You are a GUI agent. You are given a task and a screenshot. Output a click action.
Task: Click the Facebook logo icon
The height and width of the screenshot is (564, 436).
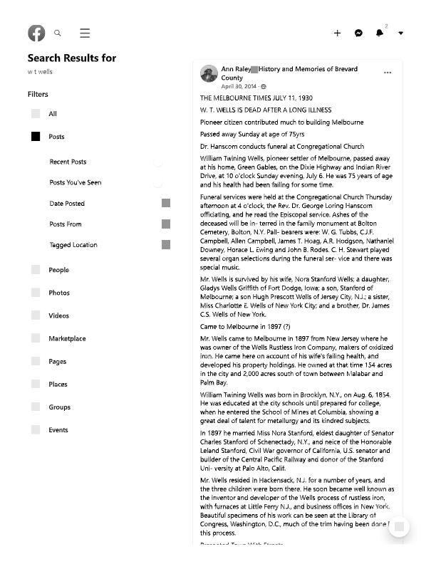pyautogui.click(x=36, y=33)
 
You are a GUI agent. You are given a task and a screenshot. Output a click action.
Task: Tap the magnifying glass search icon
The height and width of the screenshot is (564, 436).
pyautogui.click(x=58, y=33)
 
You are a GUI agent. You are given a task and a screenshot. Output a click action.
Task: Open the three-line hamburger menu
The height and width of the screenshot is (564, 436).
pyautogui.click(x=85, y=33)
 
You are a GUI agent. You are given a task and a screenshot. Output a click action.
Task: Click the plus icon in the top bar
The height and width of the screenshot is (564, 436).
pyautogui.click(x=337, y=33)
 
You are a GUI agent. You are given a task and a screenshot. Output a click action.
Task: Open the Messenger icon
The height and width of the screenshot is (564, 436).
pyautogui.click(x=359, y=33)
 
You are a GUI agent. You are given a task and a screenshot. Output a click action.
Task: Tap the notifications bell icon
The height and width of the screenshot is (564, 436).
pyautogui.click(x=380, y=33)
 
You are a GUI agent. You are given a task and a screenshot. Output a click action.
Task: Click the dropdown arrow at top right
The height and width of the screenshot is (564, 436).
pyautogui.click(x=401, y=33)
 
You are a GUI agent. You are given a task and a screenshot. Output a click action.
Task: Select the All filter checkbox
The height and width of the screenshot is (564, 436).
pyautogui.click(x=36, y=114)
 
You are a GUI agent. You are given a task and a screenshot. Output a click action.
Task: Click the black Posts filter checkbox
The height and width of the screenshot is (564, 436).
pyautogui.click(x=36, y=137)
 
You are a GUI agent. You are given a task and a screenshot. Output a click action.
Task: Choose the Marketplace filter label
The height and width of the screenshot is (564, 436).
pyautogui.click(x=67, y=339)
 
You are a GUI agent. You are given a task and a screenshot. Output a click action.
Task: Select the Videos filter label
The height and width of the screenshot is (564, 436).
pyautogui.click(x=58, y=316)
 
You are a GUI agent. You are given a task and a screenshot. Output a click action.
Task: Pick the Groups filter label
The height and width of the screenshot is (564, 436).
pyautogui.click(x=59, y=407)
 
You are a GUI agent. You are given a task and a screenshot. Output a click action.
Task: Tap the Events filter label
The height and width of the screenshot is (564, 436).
pyautogui.click(x=58, y=430)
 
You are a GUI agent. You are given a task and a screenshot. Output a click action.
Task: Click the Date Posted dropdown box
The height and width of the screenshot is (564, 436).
pyautogui.click(x=166, y=204)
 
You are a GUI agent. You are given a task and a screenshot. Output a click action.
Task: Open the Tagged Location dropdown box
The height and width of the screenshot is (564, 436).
pyautogui.click(x=166, y=245)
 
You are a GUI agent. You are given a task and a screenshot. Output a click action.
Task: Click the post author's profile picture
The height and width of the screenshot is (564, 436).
pyautogui.click(x=209, y=73)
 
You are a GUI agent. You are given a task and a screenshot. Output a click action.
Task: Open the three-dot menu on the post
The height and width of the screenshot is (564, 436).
pyautogui.click(x=388, y=73)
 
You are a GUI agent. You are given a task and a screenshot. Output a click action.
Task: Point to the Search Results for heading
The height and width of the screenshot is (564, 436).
pyautogui.click(x=72, y=58)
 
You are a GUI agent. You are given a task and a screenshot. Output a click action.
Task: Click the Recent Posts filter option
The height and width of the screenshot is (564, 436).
pyautogui.click(x=68, y=162)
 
